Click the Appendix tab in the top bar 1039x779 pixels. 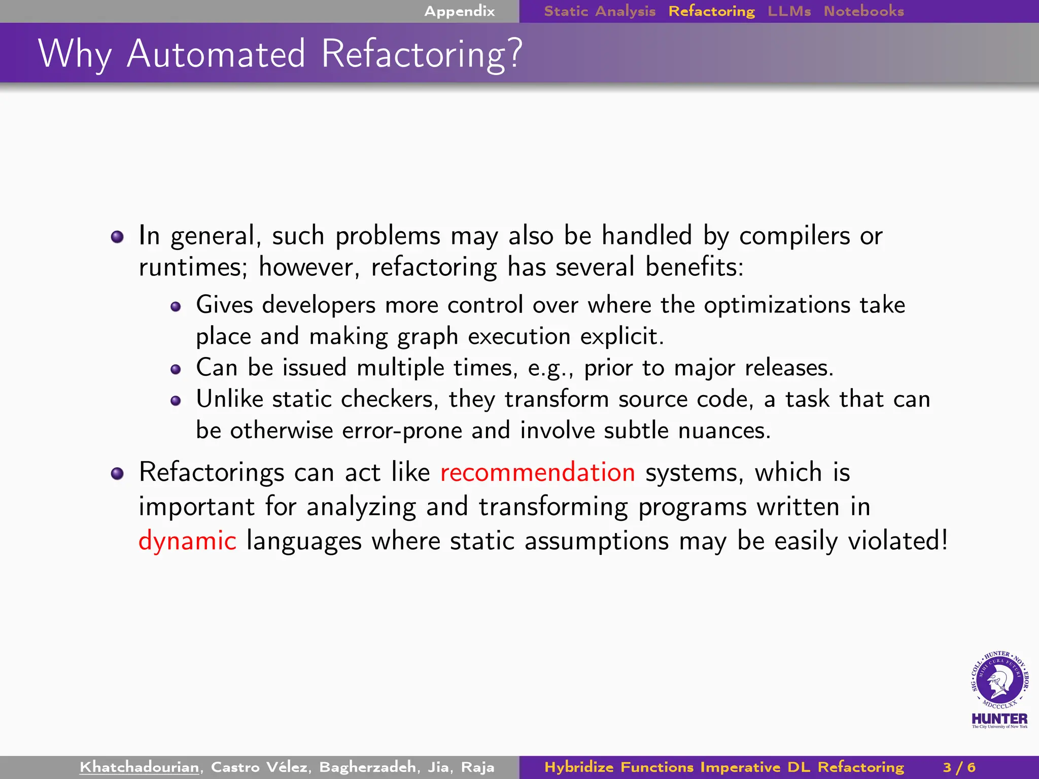click(x=459, y=11)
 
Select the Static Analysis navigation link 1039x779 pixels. click(x=600, y=11)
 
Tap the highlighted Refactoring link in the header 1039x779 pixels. click(x=711, y=11)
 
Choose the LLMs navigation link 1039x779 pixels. click(x=789, y=11)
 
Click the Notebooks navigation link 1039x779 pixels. click(x=863, y=11)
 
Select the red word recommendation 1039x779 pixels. click(x=537, y=473)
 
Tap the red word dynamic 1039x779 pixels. click(x=187, y=541)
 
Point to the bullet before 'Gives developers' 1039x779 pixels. click(x=176, y=307)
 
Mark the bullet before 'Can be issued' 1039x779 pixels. click(x=176, y=370)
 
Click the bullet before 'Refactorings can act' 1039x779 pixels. click(x=117, y=474)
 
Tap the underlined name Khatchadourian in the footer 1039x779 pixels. click(x=139, y=767)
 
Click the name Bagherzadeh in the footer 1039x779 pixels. click(x=368, y=767)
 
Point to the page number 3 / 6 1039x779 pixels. click(x=959, y=767)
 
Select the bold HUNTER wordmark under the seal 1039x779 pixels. click(x=999, y=719)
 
